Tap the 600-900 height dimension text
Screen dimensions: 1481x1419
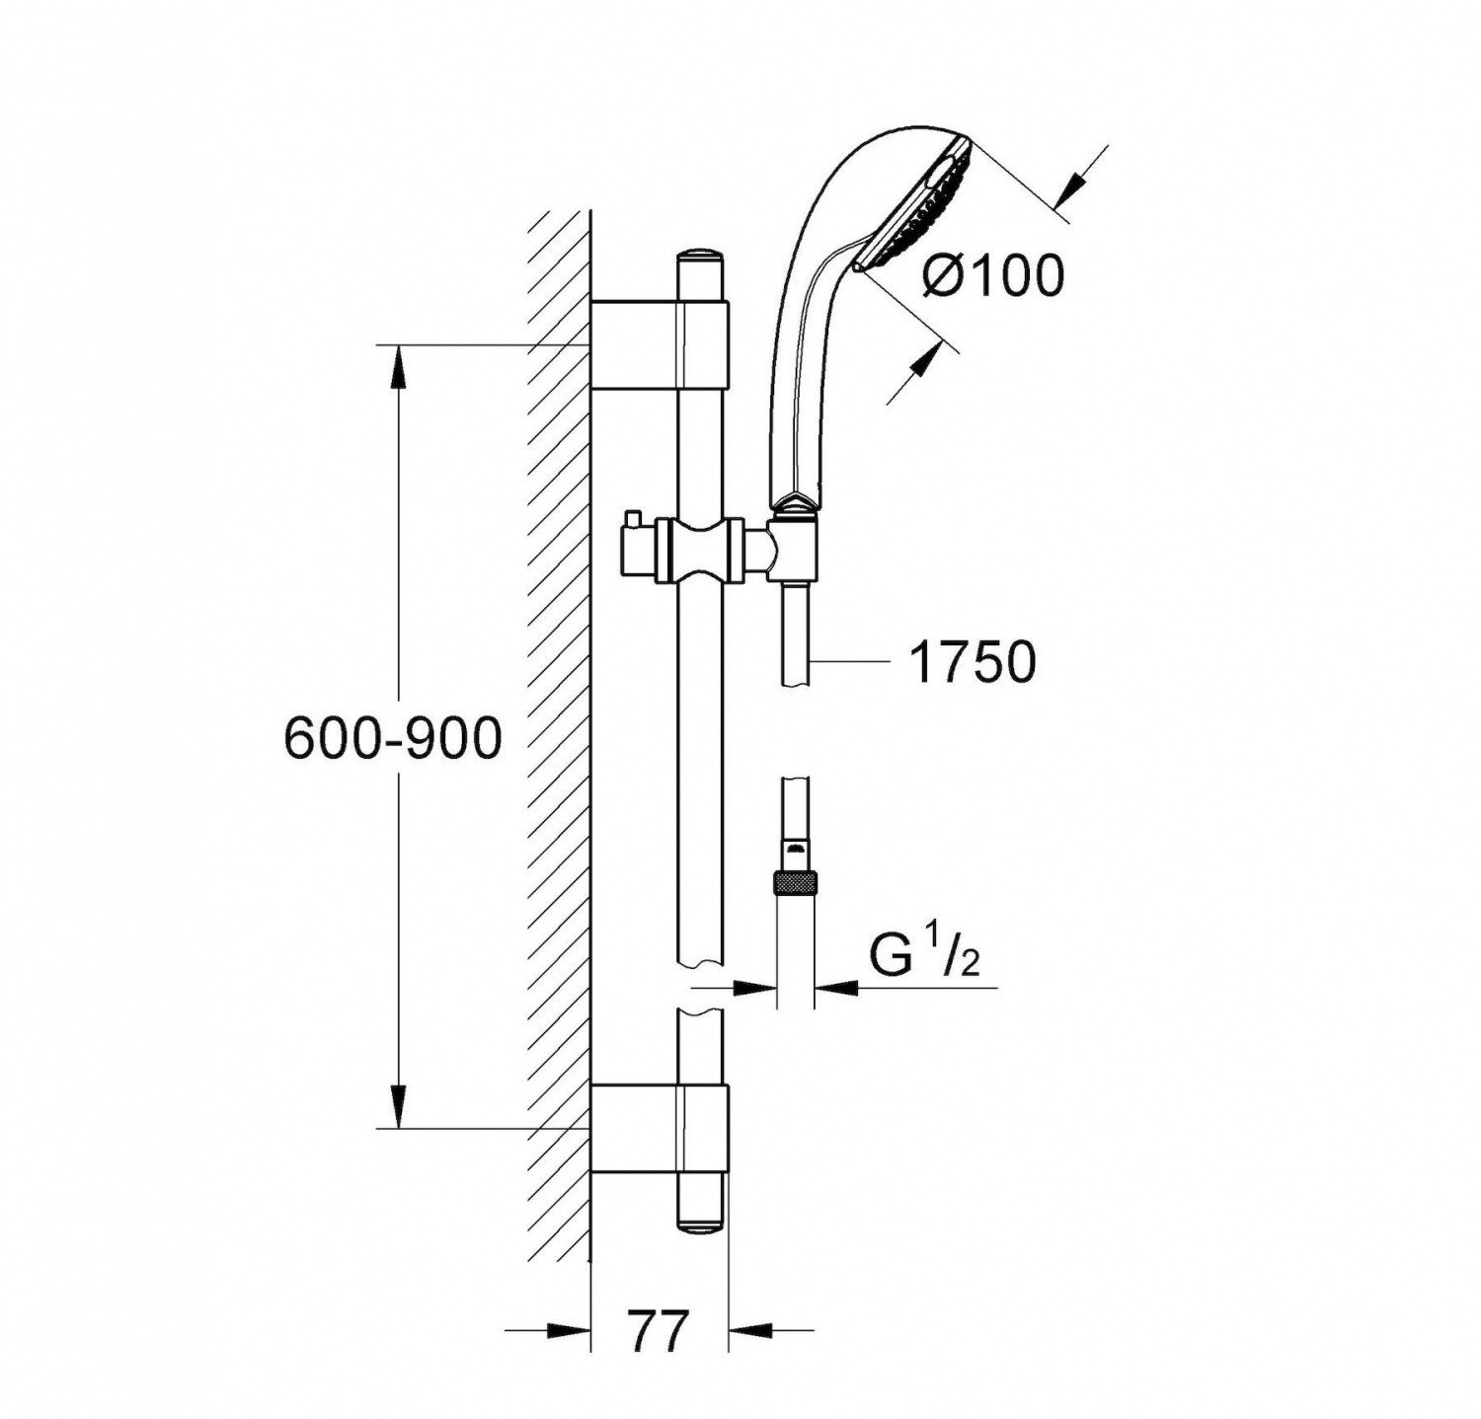click(x=393, y=738)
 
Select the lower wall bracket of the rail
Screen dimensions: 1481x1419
click(x=659, y=1127)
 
